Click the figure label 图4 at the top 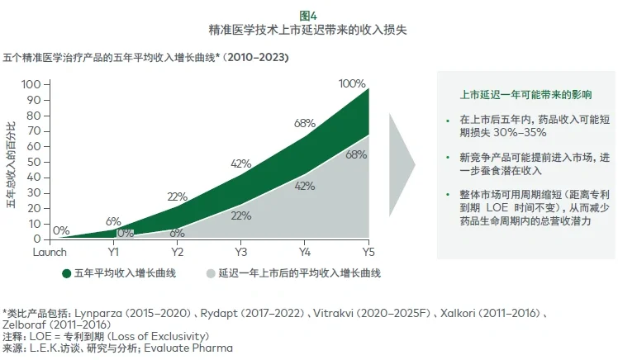click(x=308, y=13)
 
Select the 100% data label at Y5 click(x=352, y=83)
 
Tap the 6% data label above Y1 click(x=113, y=221)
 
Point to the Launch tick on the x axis click(x=49, y=251)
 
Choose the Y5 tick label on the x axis click(x=368, y=251)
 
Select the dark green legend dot click(x=66, y=272)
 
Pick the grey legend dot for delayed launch click(x=211, y=272)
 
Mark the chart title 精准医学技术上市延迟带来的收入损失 click(x=308, y=29)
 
